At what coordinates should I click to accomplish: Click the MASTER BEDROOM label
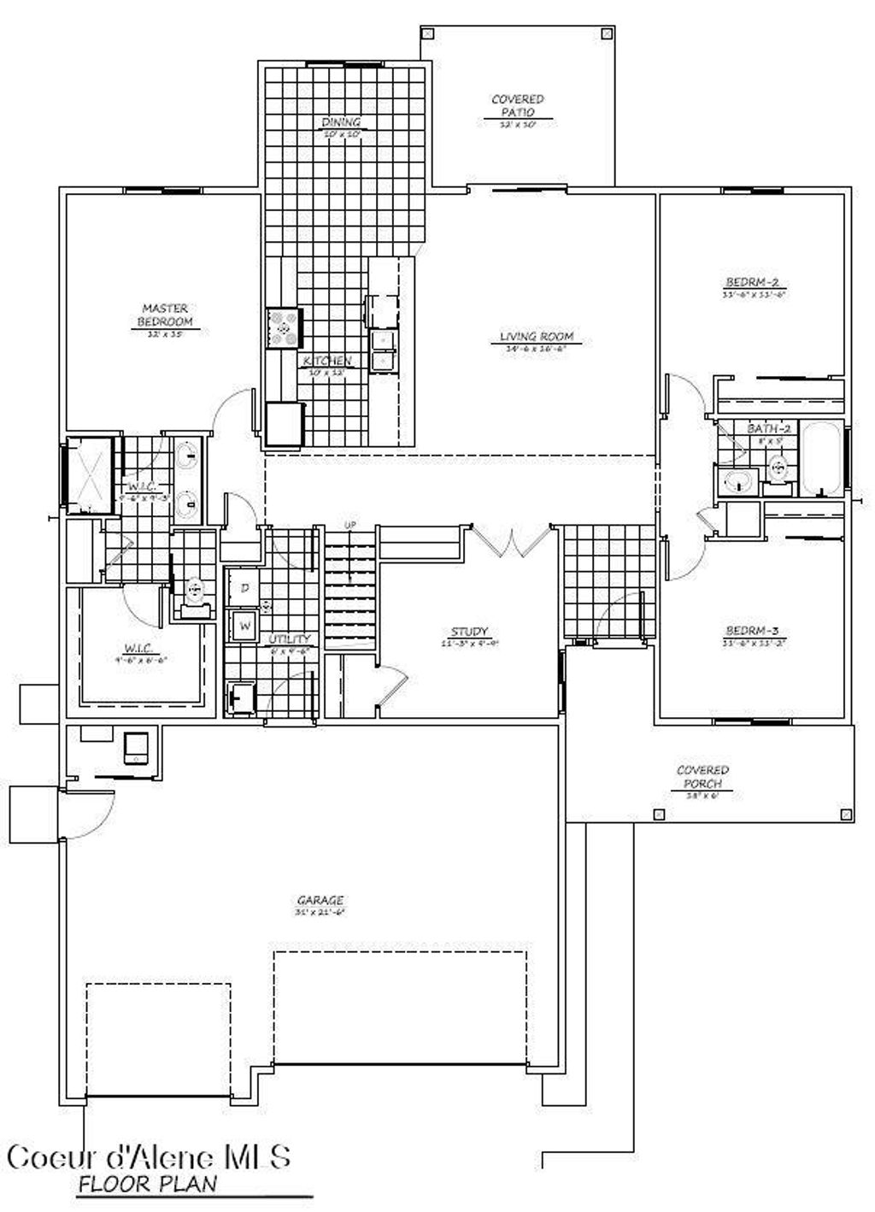click(x=165, y=315)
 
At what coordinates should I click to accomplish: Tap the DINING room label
click(x=342, y=122)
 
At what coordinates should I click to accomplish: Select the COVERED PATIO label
click(x=517, y=106)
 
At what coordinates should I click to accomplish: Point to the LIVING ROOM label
click(x=537, y=337)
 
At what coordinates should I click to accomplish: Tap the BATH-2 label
click(x=766, y=428)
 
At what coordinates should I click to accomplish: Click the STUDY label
click(x=469, y=632)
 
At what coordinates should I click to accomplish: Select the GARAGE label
click(x=320, y=900)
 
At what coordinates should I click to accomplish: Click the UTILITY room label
click(x=289, y=638)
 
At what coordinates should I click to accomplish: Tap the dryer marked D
click(x=244, y=588)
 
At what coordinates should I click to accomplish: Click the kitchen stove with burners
click(x=285, y=327)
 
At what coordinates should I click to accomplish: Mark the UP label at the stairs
click(x=349, y=524)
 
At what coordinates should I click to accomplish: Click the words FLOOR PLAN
click(x=147, y=1185)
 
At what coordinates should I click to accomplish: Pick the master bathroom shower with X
click(x=91, y=475)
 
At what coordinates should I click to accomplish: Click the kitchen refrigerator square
click(x=285, y=424)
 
